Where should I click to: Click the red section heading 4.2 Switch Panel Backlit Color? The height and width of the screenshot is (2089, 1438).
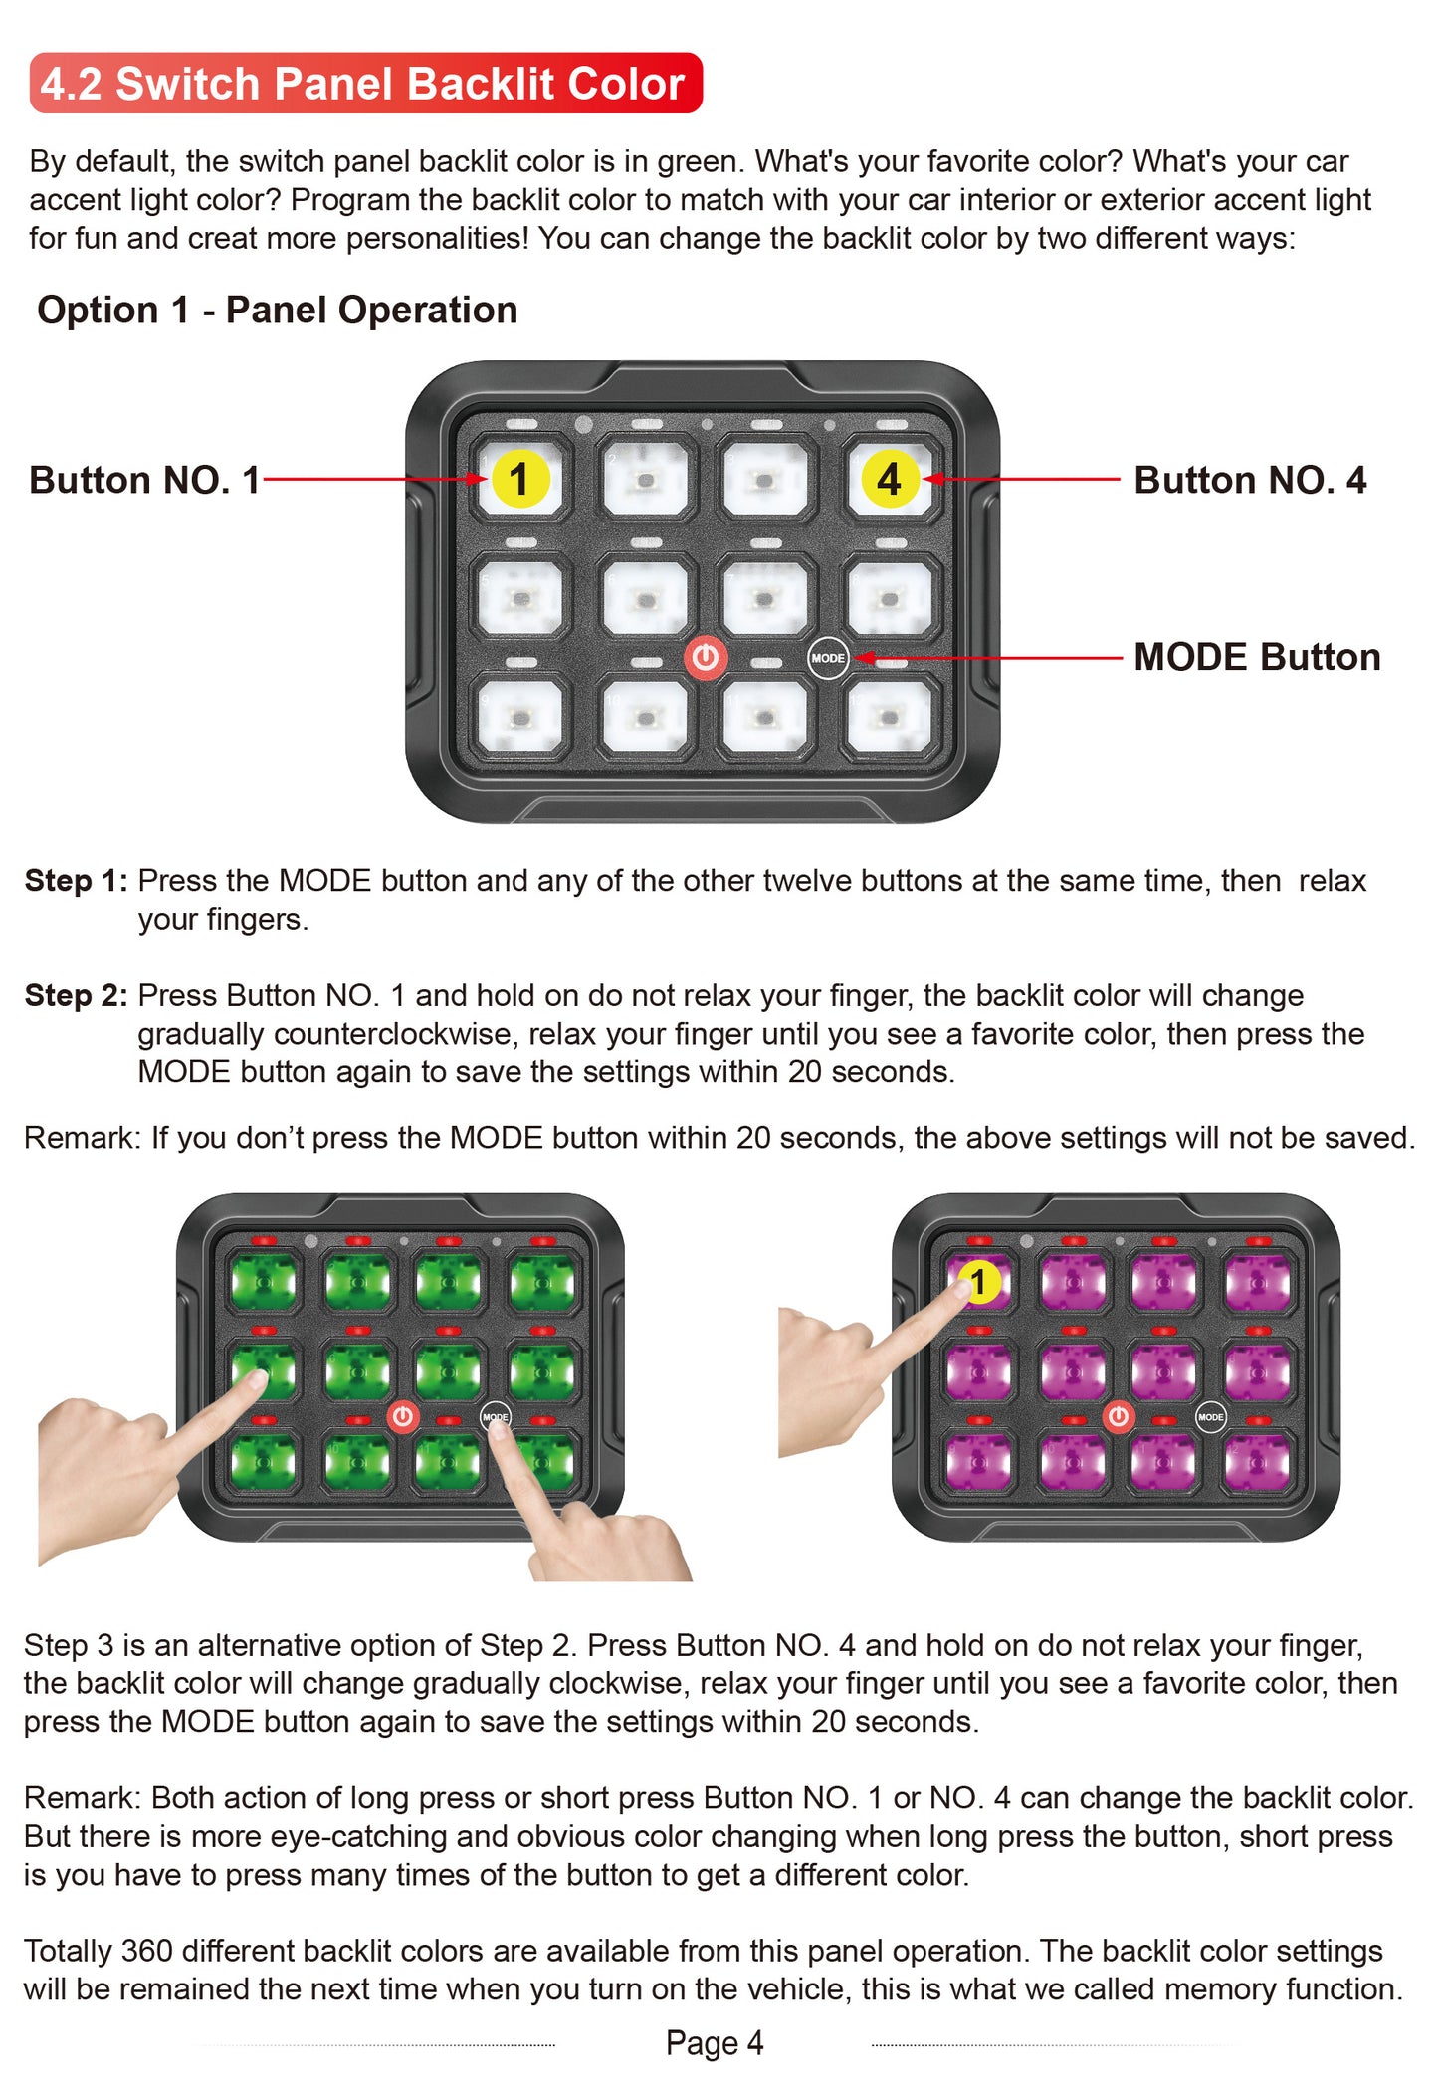click(365, 84)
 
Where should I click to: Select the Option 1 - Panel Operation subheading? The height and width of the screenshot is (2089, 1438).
click(277, 310)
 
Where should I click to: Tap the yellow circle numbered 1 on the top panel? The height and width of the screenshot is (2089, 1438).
click(519, 479)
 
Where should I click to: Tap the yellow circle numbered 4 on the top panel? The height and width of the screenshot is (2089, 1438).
click(889, 479)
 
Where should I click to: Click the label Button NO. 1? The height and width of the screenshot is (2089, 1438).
click(144, 480)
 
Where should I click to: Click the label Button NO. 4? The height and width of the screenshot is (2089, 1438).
click(1250, 480)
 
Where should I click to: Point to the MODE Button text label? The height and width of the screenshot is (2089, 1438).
click(1257, 657)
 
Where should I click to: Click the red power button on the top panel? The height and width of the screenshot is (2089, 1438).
click(705, 657)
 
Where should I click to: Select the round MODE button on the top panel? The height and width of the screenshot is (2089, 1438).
click(827, 658)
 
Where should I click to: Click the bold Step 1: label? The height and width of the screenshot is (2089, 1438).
click(76, 881)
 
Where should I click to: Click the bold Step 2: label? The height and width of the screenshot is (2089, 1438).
click(76, 995)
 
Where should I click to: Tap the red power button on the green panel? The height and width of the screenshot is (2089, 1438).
click(402, 1416)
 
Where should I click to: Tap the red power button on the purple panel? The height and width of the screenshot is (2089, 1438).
click(1118, 1416)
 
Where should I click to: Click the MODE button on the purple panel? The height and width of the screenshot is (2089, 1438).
click(1210, 1417)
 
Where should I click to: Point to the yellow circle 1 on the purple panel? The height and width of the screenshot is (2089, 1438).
click(980, 1282)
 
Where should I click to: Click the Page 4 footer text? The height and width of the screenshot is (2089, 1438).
click(714, 2042)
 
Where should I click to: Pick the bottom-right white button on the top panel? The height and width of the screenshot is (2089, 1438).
click(890, 718)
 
